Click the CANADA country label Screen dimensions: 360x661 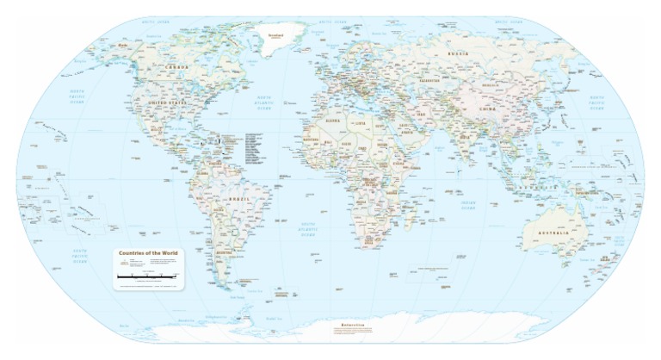coord(178,66)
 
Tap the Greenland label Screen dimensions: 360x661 coord(275,36)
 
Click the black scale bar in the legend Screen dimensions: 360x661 coord(150,276)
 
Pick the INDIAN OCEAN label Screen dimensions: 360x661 coord(467,204)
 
